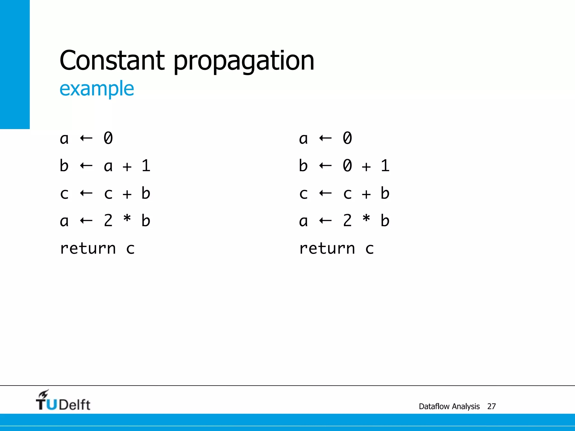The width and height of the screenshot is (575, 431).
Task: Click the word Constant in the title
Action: coord(112,60)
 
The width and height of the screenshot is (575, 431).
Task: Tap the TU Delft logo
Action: coord(63,401)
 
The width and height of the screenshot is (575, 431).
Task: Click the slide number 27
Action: coord(491,406)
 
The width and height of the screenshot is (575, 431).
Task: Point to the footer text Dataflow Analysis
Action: coord(449,406)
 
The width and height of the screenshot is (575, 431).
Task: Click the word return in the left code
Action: coord(88,248)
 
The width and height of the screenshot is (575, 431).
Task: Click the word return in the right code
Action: coord(327,248)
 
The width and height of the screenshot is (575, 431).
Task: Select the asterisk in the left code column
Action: coord(127,219)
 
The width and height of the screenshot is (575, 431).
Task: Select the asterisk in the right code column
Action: coord(366,219)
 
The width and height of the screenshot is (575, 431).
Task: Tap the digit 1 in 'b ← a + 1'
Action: coord(146,166)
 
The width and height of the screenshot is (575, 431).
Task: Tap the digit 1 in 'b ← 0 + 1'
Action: coord(385,166)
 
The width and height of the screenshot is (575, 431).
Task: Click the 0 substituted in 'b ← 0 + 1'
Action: coord(347,166)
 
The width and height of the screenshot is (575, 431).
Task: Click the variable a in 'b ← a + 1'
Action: coord(108,167)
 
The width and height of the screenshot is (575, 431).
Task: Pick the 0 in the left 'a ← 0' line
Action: coord(108,138)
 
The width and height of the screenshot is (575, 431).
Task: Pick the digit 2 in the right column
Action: coord(347,221)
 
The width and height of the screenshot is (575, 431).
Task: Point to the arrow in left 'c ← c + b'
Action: coord(86,193)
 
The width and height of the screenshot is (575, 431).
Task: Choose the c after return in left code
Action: coord(130,249)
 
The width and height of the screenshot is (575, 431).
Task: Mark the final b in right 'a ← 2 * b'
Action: coord(385,221)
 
